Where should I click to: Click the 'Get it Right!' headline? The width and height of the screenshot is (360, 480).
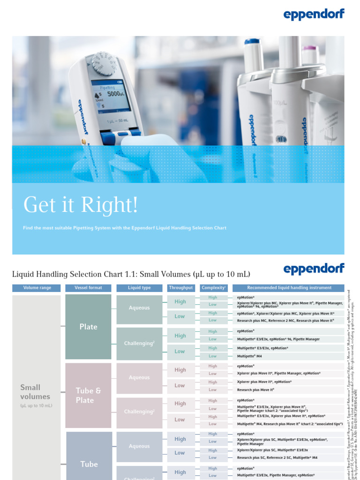click(x=81, y=205)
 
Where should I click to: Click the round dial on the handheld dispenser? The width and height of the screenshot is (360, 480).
click(x=104, y=63)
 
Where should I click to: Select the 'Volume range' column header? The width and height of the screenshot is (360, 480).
click(x=37, y=288)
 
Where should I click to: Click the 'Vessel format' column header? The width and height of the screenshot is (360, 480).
click(x=88, y=288)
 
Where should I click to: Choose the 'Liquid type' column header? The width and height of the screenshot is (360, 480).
click(x=139, y=288)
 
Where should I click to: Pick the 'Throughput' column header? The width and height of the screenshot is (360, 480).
click(x=181, y=288)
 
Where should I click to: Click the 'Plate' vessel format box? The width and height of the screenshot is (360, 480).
click(x=89, y=327)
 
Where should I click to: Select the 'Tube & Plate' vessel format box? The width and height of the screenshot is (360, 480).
click(x=88, y=395)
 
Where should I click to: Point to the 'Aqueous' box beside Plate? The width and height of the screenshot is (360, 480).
click(x=139, y=308)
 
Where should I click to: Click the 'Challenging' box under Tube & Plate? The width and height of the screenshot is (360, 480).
click(x=139, y=412)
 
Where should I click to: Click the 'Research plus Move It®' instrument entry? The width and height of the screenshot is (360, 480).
click(x=255, y=390)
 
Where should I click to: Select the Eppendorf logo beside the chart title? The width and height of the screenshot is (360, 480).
click(x=314, y=269)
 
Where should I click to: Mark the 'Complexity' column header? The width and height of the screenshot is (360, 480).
click(x=214, y=288)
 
